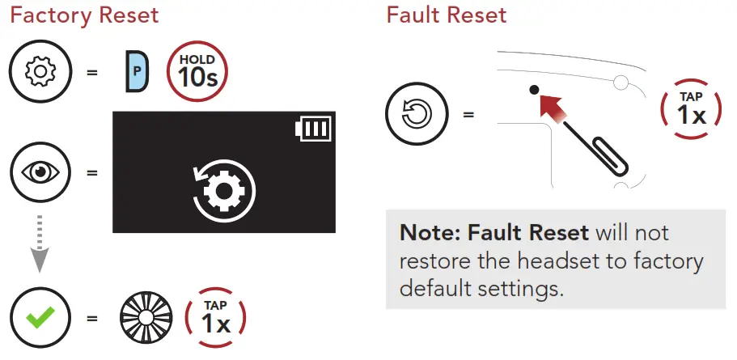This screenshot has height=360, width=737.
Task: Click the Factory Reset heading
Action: pos(84,15)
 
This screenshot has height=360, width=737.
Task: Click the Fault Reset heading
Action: pos(447,15)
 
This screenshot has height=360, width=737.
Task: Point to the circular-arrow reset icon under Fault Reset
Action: pos(414,112)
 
